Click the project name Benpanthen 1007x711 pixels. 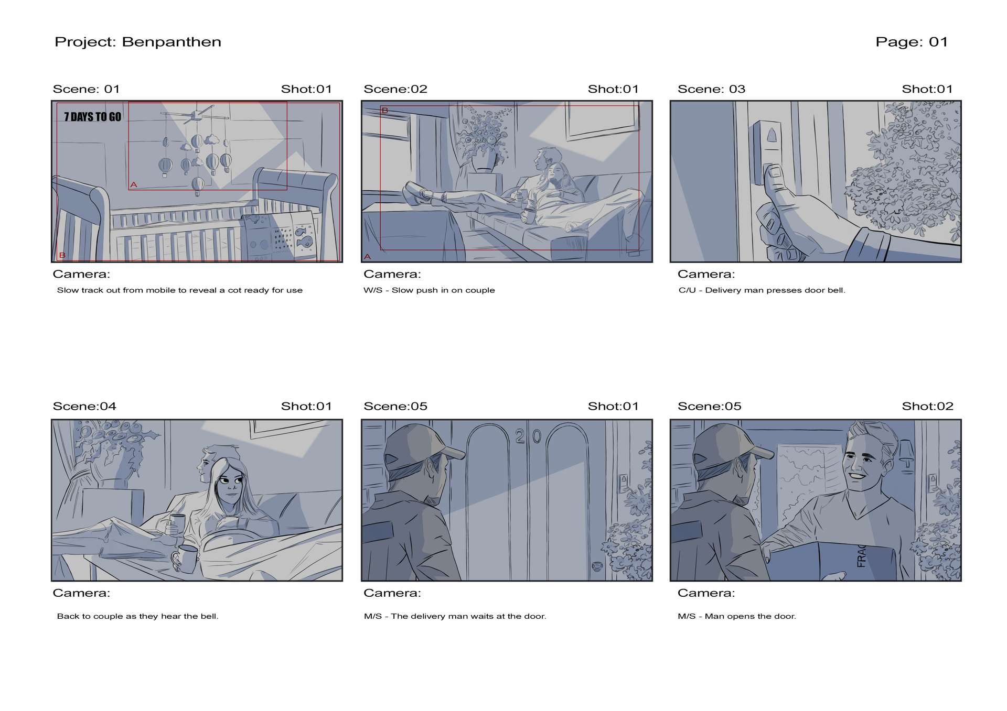coord(172,42)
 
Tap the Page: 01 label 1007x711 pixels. coord(912,42)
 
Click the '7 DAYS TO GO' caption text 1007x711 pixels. coord(93,117)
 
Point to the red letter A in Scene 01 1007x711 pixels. coord(134,184)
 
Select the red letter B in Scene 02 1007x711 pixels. coord(385,111)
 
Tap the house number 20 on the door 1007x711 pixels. coord(528,436)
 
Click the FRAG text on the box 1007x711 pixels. coord(861,556)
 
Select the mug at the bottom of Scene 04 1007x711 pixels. coord(186,559)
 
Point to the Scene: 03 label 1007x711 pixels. coord(711,89)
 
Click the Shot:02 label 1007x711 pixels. coord(927,406)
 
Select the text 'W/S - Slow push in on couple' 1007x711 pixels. coord(429,290)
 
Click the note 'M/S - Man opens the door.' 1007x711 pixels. coord(737,616)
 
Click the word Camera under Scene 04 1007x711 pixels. coord(81,593)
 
